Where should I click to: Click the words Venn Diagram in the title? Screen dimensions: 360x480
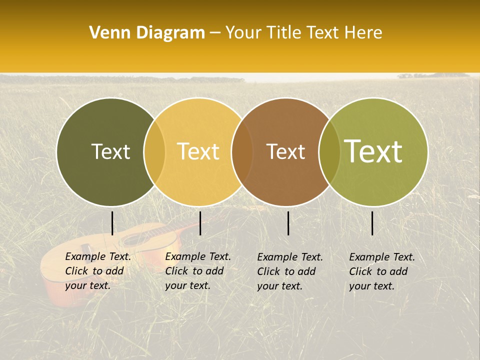point(147,33)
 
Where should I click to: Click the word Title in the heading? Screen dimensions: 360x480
point(285,33)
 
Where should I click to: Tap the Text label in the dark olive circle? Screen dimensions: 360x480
point(110,151)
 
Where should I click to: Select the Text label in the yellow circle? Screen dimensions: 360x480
point(198,151)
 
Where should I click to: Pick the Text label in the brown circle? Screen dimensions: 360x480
point(285,151)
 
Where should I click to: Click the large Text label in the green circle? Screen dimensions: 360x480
point(373,151)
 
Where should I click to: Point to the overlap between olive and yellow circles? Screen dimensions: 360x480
point(154,151)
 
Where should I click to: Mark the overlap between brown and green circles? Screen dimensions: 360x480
point(329,151)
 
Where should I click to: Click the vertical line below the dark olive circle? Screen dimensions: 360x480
point(112,223)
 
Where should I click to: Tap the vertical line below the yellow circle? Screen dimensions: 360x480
point(200,223)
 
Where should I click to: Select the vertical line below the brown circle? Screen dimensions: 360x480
point(288,223)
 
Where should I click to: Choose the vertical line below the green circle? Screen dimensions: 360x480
point(372,223)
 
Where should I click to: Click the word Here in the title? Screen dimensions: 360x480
point(364,33)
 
